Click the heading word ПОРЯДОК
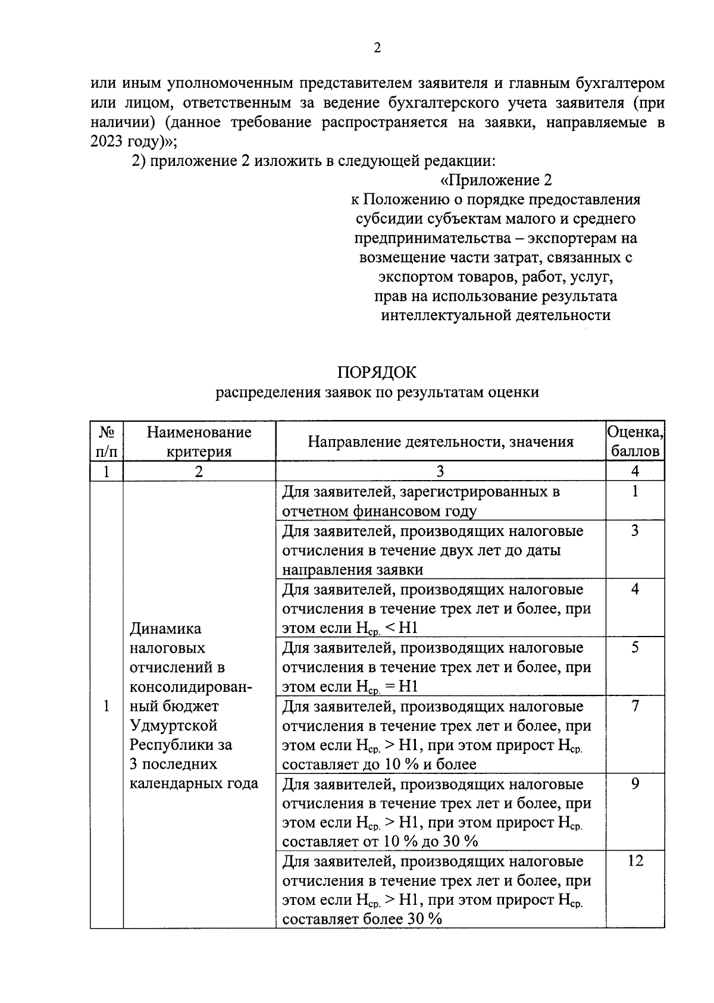377,372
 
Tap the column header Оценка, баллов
635,441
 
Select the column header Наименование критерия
199,441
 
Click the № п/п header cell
107,441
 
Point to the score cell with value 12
635,861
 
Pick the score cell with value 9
635,783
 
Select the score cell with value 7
635,706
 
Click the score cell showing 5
635,647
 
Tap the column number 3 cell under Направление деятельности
440,471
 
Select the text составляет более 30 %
362,919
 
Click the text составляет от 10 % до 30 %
380,841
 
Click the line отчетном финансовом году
379,511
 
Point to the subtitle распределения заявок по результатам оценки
377,392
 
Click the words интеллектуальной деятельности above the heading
496,315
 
